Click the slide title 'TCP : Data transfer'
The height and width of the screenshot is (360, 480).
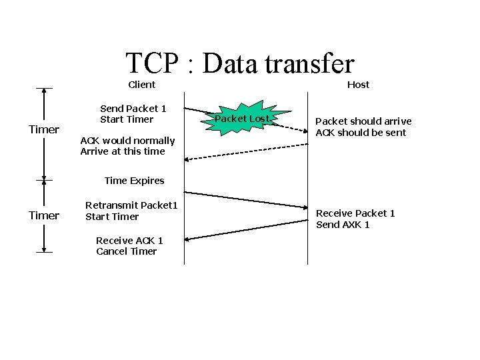240,63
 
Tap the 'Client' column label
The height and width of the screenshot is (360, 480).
141,85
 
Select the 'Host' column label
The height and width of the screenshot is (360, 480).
358,85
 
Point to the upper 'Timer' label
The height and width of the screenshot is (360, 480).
44,129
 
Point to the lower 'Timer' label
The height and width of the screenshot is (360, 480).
44,215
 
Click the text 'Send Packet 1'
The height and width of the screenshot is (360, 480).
133,108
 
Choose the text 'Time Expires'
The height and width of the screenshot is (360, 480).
134,181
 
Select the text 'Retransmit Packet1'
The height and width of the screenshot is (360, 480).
131,205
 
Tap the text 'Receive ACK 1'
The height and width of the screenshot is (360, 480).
129,240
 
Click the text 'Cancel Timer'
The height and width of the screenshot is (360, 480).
126,251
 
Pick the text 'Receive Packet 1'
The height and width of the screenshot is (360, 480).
355,213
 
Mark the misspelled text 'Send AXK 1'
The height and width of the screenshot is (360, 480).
343,225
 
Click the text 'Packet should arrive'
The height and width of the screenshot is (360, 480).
363,121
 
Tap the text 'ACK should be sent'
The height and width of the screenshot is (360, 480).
361,133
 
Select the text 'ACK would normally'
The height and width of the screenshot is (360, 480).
127,141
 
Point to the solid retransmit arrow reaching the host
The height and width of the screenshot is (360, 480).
246,199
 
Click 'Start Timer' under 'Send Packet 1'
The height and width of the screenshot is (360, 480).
127,119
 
